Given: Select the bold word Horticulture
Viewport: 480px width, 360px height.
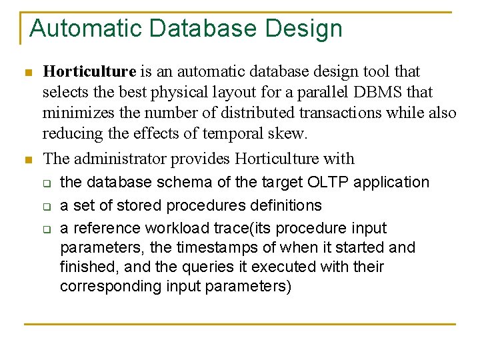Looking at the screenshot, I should point(89,71).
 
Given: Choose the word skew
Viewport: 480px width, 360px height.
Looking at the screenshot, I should point(289,133).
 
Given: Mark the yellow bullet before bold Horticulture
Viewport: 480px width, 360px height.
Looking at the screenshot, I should point(27,72).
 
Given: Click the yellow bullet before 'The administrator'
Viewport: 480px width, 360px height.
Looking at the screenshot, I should point(27,159).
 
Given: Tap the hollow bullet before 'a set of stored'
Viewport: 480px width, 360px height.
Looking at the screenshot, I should point(47,206).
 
